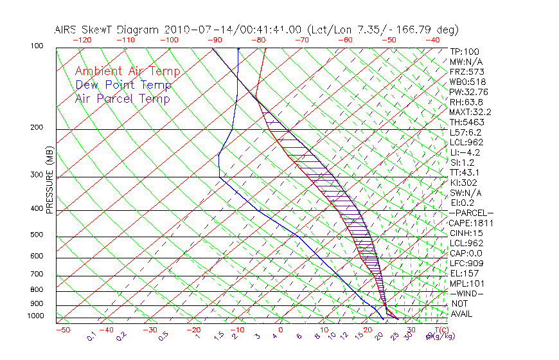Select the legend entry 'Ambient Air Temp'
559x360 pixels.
(127, 71)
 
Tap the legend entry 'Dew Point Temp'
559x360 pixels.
(123, 85)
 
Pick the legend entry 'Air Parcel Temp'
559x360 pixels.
(122, 98)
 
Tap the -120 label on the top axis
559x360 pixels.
(82, 40)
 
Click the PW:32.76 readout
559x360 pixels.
(468, 92)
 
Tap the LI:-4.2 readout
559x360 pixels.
(465, 152)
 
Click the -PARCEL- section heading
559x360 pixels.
(471, 213)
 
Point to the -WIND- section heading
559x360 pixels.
(467, 293)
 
